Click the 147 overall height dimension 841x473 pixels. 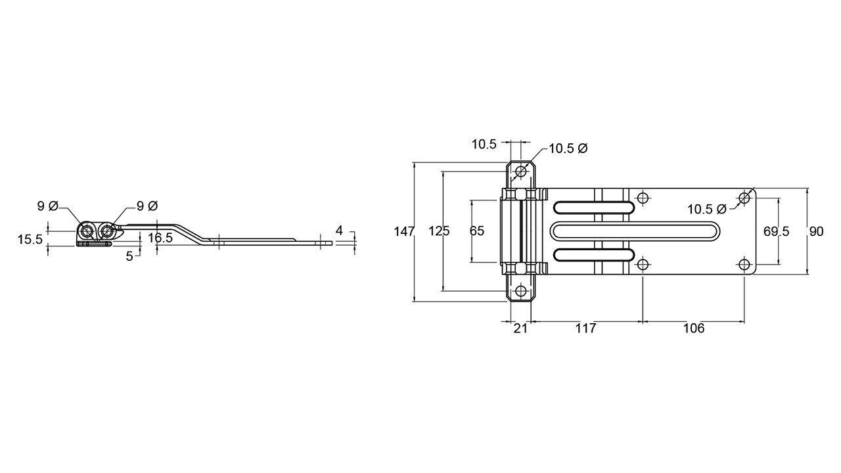[x=404, y=232]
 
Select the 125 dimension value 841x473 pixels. [x=439, y=231]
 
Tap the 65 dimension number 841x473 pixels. [x=477, y=231]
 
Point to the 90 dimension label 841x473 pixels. [x=816, y=232]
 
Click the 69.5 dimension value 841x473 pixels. [x=777, y=232]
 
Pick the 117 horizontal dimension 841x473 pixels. [x=585, y=328]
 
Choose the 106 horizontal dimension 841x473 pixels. [x=694, y=328]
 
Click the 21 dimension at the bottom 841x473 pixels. [x=520, y=328]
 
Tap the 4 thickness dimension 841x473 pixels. [x=339, y=231]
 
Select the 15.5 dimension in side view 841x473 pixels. [x=30, y=240]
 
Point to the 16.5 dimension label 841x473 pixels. [x=160, y=238]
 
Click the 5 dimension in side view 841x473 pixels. [x=129, y=256]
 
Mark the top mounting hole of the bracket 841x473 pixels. [x=521, y=172]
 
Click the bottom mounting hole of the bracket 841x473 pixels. [x=521, y=291]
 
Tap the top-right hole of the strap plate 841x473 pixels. [x=744, y=198]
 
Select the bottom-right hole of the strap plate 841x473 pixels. [x=744, y=264]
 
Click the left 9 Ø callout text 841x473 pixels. [x=48, y=206]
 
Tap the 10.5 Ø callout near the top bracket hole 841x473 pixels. [x=568, y=148]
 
